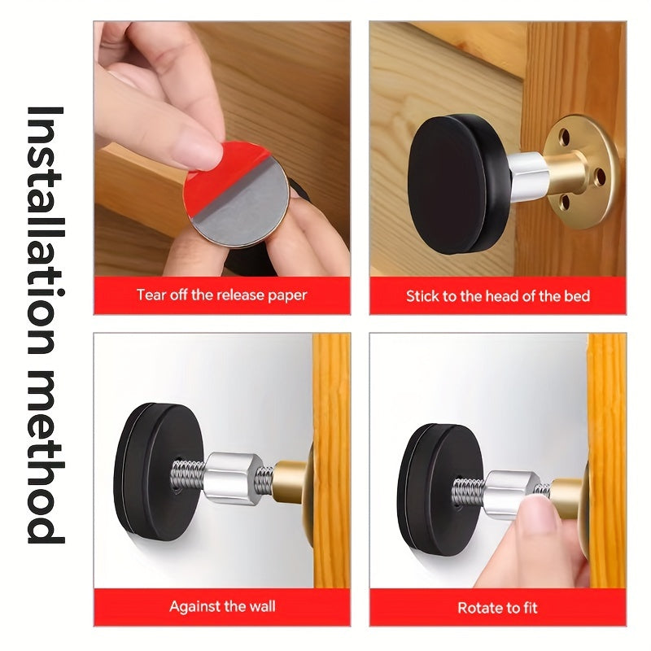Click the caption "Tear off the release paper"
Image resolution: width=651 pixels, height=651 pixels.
click(x=221, y=295)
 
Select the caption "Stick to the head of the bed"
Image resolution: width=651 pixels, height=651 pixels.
click(x=498, y=296)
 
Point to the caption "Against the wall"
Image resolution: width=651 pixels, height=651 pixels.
click(x=222, y=606)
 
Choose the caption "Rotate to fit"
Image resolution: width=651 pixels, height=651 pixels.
click(x=497, y=608)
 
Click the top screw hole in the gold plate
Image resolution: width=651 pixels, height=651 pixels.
click(x=564, y=137)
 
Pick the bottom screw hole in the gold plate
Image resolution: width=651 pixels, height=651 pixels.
click(x=566, y=202)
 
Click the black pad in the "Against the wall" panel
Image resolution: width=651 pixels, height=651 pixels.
click(x=158, y=472)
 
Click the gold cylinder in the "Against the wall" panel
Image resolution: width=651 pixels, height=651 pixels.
click(x=291, y=482)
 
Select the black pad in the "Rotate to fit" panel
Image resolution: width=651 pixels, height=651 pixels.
click(x=440, y=490)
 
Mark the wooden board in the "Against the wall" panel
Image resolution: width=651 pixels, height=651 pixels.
click(x=331, y=460)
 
